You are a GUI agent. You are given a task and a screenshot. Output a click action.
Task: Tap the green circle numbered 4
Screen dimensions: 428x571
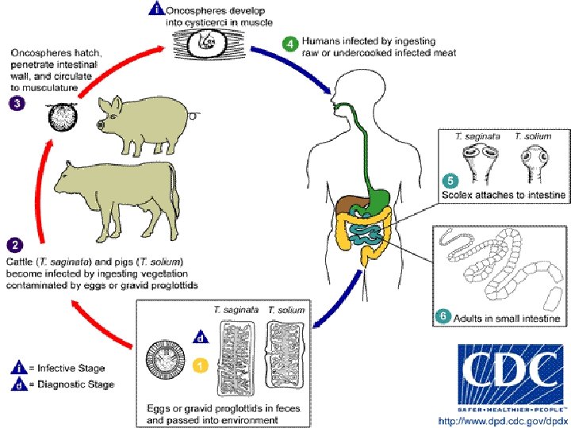click(292, 43)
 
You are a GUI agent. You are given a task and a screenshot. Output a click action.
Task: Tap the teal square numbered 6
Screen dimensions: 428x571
click(443, 316)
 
